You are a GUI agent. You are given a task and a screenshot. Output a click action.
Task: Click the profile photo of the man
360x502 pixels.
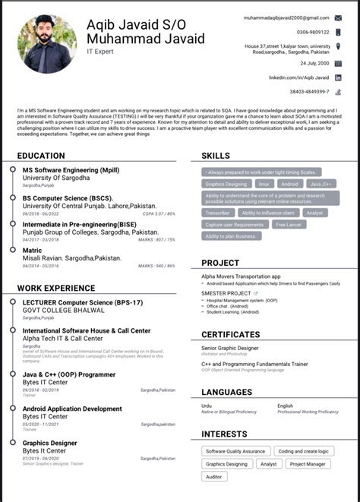tap(47, 44)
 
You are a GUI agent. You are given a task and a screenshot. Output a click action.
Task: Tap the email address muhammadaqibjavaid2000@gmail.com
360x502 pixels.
tap(286, 17)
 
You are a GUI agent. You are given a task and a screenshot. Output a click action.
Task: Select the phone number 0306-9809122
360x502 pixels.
tap(313, 32)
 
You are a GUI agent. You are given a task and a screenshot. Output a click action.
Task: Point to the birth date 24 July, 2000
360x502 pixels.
tap(314, 63)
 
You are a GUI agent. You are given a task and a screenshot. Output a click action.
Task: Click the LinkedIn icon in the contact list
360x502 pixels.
tap(338, 77)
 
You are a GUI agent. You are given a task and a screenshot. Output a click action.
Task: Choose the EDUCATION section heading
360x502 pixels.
tap(41, 156)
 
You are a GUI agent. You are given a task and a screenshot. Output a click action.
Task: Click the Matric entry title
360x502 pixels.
tap(33, 250)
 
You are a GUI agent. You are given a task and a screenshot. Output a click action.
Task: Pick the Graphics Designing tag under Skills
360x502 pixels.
tap(226, 184)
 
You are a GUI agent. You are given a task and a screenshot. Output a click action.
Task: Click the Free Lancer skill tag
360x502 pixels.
tap(289, 225)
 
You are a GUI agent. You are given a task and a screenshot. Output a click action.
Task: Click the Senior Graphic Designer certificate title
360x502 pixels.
tap(229, 348)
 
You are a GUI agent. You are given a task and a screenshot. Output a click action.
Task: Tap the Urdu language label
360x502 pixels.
tap(207, 406)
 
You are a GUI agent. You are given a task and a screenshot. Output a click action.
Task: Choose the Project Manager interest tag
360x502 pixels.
tap(307, 463)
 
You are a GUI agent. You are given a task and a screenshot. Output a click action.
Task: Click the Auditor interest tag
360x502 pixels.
tap(214, 476)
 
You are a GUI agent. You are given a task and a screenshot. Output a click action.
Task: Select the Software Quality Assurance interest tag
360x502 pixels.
tap(235, 451)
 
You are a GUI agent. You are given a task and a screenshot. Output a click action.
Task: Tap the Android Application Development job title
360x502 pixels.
tap(72, 409)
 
